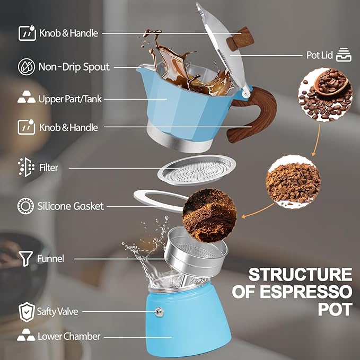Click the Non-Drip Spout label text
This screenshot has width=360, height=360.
74,67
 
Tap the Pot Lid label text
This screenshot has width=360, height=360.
320,55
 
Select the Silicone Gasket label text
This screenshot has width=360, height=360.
71,206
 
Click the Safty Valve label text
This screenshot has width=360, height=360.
57,311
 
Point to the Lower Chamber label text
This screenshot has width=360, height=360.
68,336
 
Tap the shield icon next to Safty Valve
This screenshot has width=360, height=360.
25,312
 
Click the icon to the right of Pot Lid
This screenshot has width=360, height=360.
345,55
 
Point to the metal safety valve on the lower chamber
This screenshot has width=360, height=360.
158,312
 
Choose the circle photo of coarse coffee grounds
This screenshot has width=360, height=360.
293,182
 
